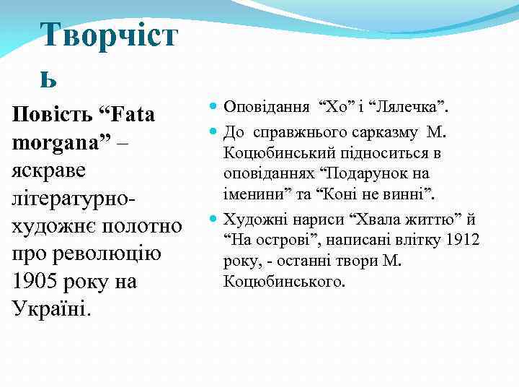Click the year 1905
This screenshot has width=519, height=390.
click(x=37, y=281)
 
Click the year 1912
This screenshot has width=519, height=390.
click(x=462, y=239)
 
